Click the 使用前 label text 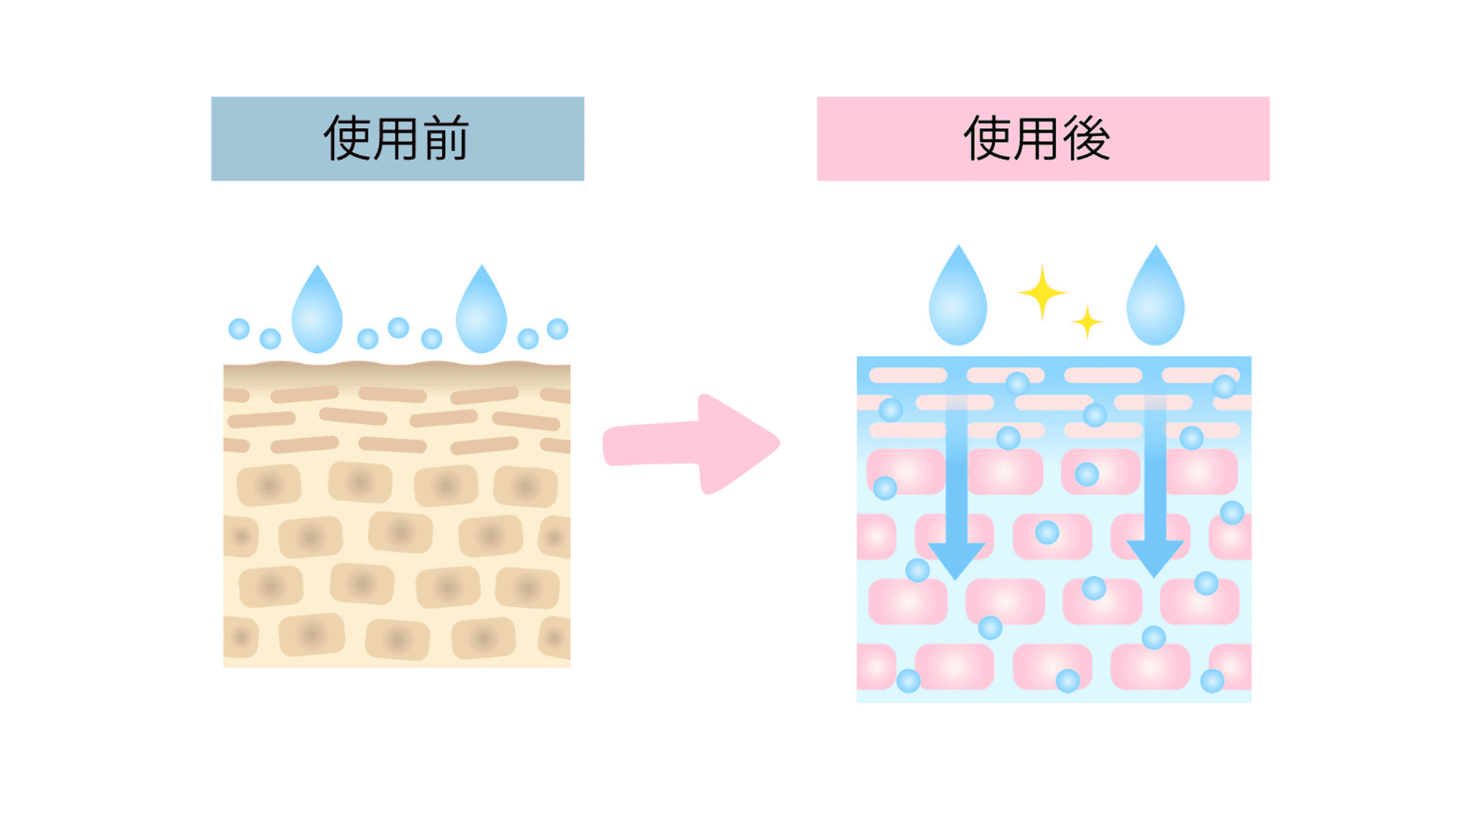point(397,139)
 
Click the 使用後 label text point(1037,139)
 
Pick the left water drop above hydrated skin point(958,300)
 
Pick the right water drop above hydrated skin point(1155,300)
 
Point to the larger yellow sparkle point(1042,293)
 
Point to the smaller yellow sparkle point(1087,322)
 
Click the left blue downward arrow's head point(955,559)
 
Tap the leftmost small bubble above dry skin point(239,329)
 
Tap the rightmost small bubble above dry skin point(557,329)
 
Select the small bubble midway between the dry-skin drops point(398,328)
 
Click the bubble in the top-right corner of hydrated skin point(1224,387)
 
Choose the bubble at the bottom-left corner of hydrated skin point(908,681)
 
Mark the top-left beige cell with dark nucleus point(268,485)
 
